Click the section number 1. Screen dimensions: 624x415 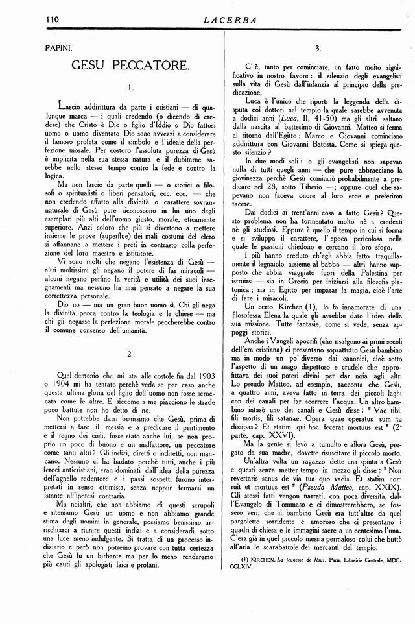click(x=130, y=86)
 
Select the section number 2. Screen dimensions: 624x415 click(x=130, y=354)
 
